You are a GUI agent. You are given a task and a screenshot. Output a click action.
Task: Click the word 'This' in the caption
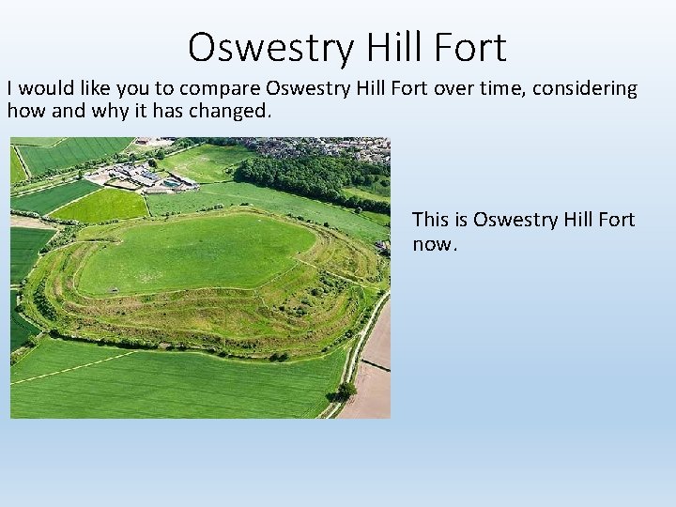click(x=431, y=220)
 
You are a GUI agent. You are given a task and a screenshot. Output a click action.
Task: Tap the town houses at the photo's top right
click(x=338, y=149)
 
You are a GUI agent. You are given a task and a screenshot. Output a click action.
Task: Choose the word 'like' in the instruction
click(x=95, y=89)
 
